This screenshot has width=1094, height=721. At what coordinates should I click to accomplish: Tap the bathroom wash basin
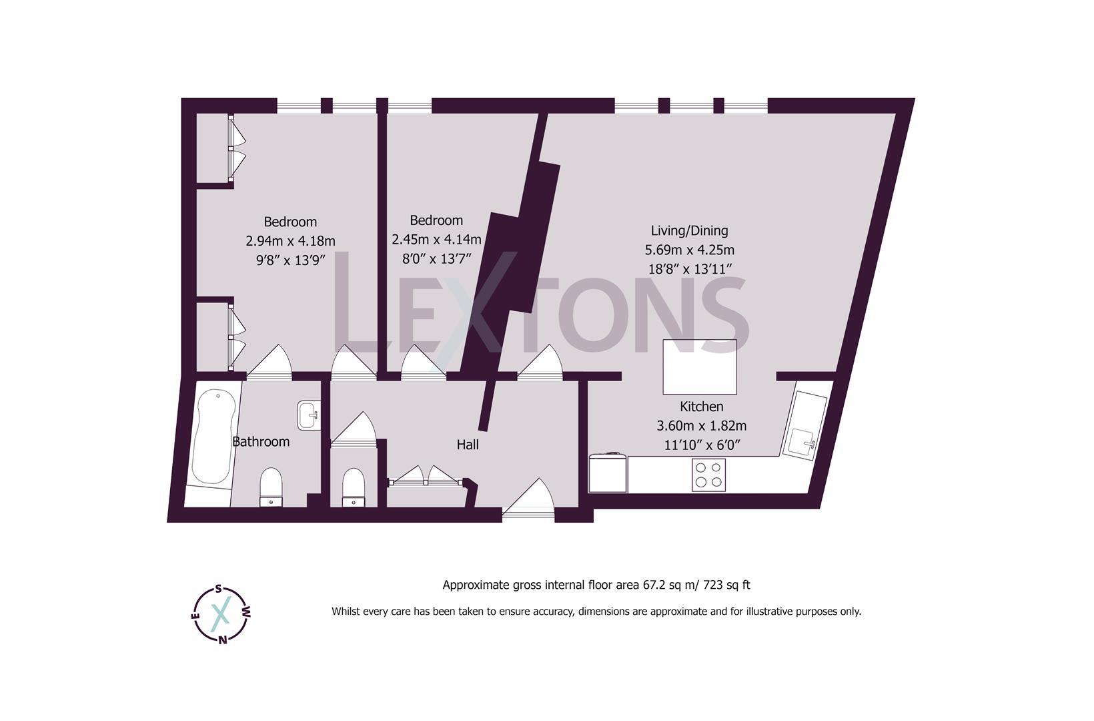coord(309,415)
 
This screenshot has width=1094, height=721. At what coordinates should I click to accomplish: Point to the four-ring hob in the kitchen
coord(708,475)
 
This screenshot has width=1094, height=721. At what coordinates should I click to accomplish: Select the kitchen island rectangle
coord(699,367)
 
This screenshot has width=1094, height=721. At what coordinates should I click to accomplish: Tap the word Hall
coord(468,445)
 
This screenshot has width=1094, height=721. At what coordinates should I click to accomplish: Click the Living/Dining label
coord(689,230)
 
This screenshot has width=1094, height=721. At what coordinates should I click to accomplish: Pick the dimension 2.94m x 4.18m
coord(290,241)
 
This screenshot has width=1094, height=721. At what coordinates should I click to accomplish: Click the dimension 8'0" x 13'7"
coord(436,258)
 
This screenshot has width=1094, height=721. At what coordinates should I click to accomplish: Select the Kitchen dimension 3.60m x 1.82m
coord(701,425)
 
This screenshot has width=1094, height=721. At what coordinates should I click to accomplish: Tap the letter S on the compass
coord(219,589)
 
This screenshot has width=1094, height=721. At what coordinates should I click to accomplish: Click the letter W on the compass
coord(247,612)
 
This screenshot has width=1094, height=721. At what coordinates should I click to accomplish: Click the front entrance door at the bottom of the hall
coord(529,501)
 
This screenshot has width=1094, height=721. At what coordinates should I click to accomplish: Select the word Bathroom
coord(261,442)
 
